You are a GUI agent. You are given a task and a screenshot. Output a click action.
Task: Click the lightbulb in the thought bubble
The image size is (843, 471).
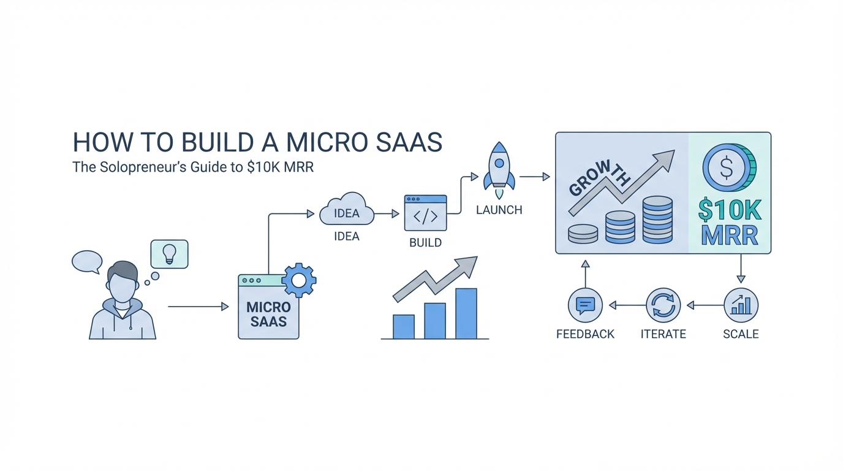tap(169, 253)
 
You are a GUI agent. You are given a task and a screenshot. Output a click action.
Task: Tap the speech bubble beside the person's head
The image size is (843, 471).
tap(86, 261)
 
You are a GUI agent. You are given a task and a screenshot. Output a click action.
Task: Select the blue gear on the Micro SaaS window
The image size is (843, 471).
tap(299, 280)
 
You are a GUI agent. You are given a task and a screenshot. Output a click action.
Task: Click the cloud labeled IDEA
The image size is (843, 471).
tap(347, 212)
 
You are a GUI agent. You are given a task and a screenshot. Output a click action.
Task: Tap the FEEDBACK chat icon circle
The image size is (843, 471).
tap(585, 305)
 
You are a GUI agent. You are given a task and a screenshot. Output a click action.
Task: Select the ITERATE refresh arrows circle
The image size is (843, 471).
tap(663, 305)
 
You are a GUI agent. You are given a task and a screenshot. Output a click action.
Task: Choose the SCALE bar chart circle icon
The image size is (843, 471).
tap(741, 305)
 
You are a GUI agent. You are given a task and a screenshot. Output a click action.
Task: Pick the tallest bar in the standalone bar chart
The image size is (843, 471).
tap(466, 313)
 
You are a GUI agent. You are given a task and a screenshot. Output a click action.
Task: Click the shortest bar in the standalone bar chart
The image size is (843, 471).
tap(403, 326)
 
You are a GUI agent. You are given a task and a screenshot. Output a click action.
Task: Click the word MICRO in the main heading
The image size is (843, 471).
tap(321, 142)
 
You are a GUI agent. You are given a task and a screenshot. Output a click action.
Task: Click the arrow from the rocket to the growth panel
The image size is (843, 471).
tap(534, 177)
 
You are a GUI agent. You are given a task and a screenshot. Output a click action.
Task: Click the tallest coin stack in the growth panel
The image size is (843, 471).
tap(658, 220)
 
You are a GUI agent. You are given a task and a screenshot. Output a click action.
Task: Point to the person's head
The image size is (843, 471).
tap(123, 282)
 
